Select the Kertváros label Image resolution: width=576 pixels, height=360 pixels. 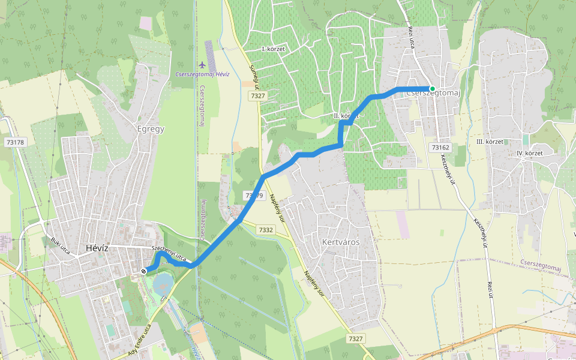(x=340, y=242)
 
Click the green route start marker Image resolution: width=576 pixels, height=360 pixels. (x=432, y=89)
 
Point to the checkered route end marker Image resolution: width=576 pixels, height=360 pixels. (x=143, y=271)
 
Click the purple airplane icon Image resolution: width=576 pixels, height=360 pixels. (x=202, y=64)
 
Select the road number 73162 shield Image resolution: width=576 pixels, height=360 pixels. (x=440, y=147)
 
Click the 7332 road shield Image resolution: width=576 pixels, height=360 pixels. (x=266, y=230)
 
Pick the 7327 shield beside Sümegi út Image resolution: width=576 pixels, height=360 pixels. (x=258, y=96)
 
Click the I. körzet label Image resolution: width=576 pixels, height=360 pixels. (x=273, y=48)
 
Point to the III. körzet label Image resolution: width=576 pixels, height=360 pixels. (x=489, y=142)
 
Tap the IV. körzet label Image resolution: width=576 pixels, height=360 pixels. (x=529, y=154)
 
